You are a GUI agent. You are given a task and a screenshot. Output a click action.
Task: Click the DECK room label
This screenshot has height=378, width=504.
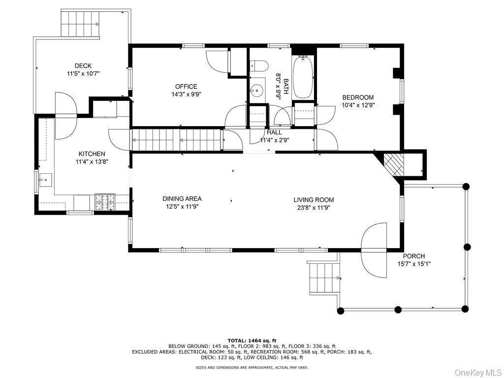pyautogui.click(x=83, y=66)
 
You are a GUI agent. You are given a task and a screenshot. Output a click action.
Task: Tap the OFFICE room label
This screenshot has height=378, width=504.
pyautogui.click(x=186, y=87)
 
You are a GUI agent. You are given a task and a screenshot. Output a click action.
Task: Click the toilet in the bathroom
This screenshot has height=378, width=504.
pyautogui.click(x=258, y=65)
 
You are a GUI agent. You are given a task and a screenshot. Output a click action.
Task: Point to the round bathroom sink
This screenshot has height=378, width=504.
pyautogui.click(x=256, y=91)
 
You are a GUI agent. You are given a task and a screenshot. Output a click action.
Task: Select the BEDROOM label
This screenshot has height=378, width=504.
pyautogui.click(x=358, y=97)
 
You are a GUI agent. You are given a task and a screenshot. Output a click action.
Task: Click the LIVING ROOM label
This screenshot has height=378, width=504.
pyautogui.click(x=314, y=200)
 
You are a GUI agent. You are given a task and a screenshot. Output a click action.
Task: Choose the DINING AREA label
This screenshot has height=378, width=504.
pyautogui.click(x=182, y=199)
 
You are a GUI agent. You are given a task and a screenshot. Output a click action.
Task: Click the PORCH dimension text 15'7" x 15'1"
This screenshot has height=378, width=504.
pyautogui.click(x=413, y=264)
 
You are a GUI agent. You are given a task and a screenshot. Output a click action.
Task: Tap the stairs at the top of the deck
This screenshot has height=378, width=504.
pyautogui.click(x=80, y=24)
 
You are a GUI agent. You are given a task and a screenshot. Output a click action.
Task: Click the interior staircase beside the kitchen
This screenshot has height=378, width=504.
pyautogui.click(x=176, y=140)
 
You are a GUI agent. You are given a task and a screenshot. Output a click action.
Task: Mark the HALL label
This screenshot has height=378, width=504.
pyautogui.click(x=274, y=132)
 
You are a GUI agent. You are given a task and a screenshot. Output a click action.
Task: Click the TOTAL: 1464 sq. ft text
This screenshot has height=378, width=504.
pyautogui.click(x=252, y=340)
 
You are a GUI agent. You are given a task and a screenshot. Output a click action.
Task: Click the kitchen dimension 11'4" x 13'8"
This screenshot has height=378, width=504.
pyautogui.click(x=90, y=161)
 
